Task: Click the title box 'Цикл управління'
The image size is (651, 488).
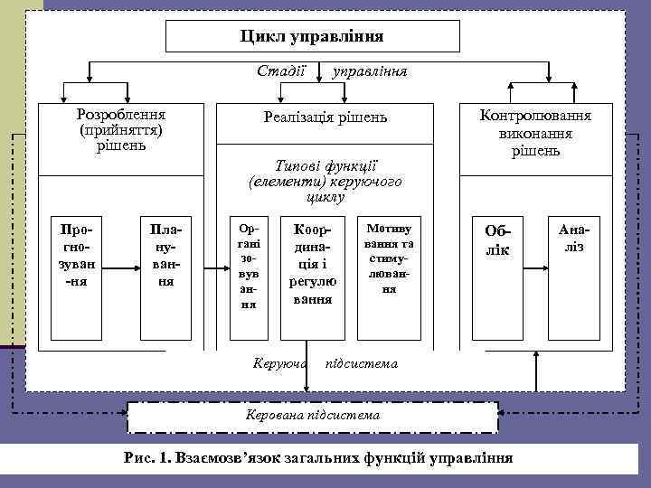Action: (312, 36)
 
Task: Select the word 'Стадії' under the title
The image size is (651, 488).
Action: (281, 70)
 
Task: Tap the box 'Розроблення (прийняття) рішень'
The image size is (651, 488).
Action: (120, 132)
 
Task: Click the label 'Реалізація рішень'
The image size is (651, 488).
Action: (325, 117)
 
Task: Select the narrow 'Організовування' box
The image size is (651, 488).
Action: (247, 267)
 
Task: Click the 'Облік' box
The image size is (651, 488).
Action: (497, 240)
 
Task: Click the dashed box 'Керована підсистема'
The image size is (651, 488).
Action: (313, 415)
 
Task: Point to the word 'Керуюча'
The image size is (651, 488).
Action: (280, 363)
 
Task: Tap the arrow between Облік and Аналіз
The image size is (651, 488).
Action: (535, 268)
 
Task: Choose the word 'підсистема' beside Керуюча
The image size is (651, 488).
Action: (361, 363)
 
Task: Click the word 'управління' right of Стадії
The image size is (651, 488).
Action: (370, 70)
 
